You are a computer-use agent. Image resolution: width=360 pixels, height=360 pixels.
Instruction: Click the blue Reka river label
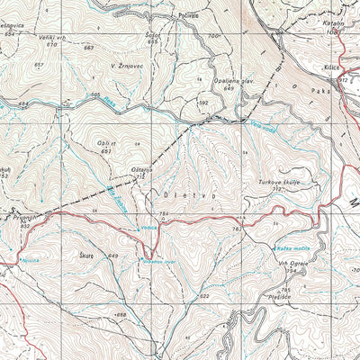(109, 104)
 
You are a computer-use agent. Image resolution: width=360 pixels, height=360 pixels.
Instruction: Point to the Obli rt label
(106, 142)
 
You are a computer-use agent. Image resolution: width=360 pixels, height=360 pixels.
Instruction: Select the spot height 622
(204, 296)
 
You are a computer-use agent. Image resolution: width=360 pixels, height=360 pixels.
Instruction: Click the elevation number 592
(203, 103)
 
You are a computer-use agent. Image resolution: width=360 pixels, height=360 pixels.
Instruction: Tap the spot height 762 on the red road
(235, 229)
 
